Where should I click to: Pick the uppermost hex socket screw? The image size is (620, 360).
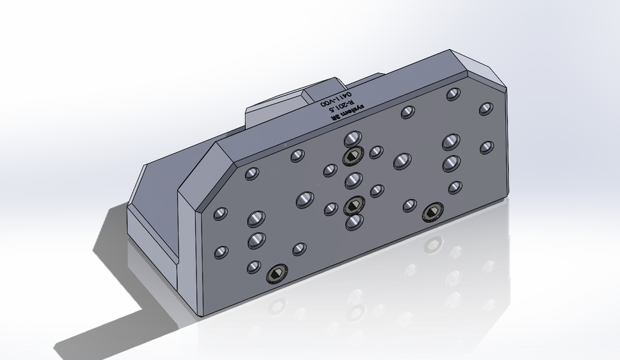351,158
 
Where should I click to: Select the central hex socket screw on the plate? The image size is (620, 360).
352,206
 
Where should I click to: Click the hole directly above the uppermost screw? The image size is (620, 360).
353,138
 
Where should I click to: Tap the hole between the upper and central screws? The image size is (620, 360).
352,180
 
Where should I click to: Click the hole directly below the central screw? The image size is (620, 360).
353,223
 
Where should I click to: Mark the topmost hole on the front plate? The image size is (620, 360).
453,94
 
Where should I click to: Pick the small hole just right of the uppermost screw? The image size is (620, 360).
375,153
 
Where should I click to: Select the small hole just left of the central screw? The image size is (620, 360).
330,209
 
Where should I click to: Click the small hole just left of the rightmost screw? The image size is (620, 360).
408,206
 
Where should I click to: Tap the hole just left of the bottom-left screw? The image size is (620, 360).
253,266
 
